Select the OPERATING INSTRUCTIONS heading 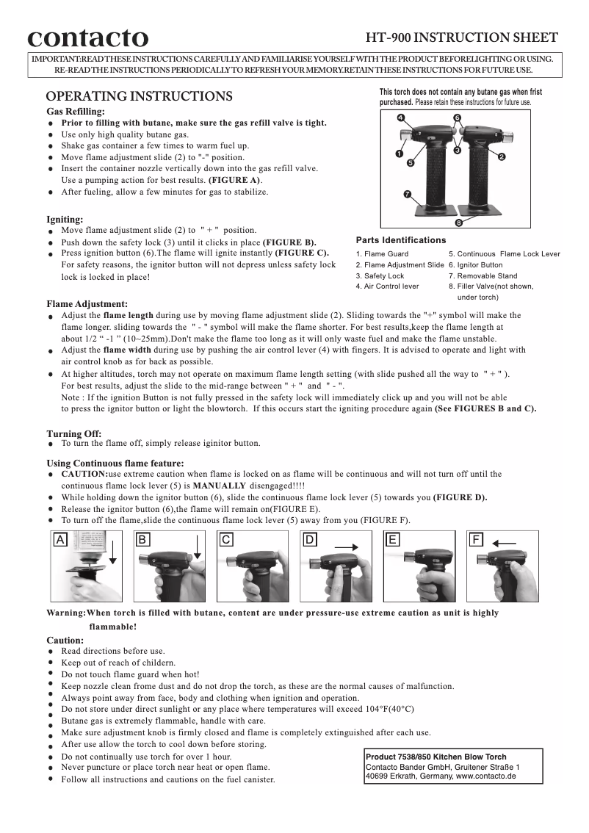pos(140,96)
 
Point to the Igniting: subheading pos(65,219)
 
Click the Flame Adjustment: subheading pos(87,303)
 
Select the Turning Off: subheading pos(74,433)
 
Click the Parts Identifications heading pos(401,240)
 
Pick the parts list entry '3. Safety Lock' pos(380,275)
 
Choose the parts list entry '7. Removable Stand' pos(483,275)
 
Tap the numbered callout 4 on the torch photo pos(400,118)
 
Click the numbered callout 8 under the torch pos(458,222)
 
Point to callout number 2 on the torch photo pos(501,156)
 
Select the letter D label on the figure pos(310,540)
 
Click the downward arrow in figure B pos(198,548)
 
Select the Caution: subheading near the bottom pos(65,640)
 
